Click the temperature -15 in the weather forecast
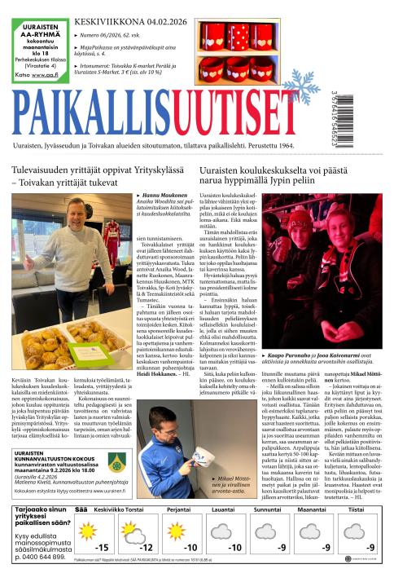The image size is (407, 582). pos(103,548)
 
